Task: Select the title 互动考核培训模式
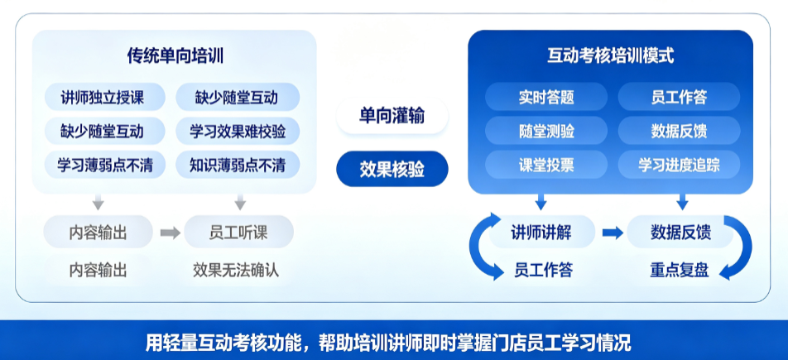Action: tap(611, 55)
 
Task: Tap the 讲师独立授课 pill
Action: tap(104, 97)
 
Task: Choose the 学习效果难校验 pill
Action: tap(238, 131)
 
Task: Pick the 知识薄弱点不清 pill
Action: tap(238, 165)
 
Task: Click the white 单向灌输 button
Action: tap(392, 116)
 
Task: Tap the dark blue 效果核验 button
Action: tap(392, 169)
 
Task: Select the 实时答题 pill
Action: tap(546, 97)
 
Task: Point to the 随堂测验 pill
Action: tap(546, 131)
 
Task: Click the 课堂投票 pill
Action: tap(546, 165)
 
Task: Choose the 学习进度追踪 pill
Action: tap(679, 165)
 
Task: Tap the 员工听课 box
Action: tap(238, 233)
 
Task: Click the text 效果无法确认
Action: tap(236, 271)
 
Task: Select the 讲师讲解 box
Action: tap(541, 233)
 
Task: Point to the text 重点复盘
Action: tap(679, 271)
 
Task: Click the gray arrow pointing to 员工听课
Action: tap(171, 233)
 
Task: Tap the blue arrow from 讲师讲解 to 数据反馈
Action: tap(613, 233)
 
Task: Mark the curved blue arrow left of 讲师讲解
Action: tap(478, 247)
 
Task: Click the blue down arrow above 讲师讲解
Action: tap(541, 202)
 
